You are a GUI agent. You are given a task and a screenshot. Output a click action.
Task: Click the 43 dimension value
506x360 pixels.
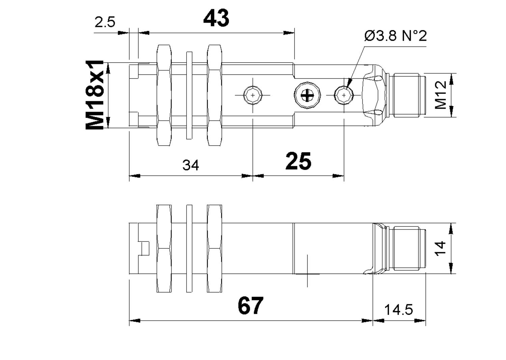(216, 18)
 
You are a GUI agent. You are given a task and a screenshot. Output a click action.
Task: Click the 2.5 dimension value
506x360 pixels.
(105, 23)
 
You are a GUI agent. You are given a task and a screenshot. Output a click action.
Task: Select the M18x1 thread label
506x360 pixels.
(95, 95)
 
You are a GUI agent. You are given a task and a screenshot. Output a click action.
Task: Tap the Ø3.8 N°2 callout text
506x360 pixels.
(395, 36)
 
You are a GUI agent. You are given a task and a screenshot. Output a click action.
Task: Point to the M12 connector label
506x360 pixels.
(441, 95)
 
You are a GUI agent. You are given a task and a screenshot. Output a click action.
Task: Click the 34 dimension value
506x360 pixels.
(191, 165)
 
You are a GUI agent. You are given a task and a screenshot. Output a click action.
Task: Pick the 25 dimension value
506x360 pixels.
(298, 161)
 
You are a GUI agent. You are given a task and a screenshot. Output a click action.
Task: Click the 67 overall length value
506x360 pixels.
(250, 306)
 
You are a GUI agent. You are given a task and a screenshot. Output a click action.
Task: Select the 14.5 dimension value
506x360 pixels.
(398, 309)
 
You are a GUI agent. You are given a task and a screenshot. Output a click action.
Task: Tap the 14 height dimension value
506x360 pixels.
(440, 248)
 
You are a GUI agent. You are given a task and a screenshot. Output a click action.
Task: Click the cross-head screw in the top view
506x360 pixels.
(307, 95)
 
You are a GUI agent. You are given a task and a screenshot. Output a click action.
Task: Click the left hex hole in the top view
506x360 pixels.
(253, 95)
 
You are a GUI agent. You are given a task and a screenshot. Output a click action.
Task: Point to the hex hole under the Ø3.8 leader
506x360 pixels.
(344, 95)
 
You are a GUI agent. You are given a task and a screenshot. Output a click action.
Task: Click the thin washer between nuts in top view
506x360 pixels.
(189, 95)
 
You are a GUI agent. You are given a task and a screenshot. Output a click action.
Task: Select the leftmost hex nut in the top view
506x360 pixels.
(164, 95)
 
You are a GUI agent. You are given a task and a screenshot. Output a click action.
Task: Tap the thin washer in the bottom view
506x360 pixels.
(189, 248)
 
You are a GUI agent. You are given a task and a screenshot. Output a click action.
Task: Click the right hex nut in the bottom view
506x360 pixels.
(215, 248)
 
